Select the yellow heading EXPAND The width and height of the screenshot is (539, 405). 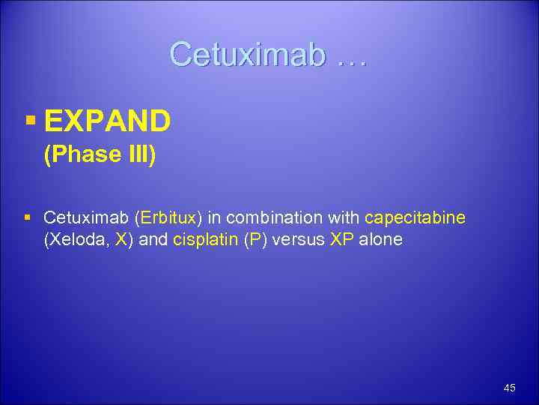click(x=107, y=120)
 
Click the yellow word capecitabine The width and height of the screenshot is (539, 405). click(x=415, y=218)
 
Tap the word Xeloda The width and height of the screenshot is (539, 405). click(x=76, y=240)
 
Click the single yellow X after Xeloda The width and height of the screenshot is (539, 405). click(x=121, y=240)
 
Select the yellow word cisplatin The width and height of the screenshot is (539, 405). click(x=206, y=240)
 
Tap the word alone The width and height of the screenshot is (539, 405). click(x=382, y=240)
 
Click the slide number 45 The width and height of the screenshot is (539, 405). click(x=510, y=388)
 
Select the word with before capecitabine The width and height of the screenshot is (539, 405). click(x=346, y=218)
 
